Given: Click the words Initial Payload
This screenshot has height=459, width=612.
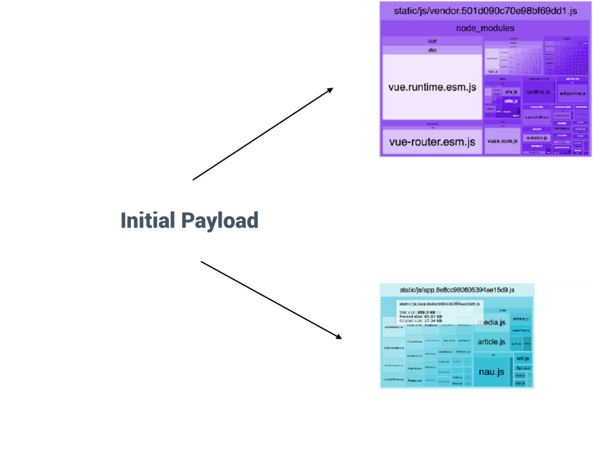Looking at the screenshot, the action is [189, 221].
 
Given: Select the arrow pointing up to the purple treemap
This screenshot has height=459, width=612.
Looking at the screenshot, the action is [262, 134].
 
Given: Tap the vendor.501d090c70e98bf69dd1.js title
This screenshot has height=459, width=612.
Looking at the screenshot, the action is [485, 11].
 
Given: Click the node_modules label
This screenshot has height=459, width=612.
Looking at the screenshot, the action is [485, 28].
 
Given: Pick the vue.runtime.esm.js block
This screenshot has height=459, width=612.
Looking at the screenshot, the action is [432, 87].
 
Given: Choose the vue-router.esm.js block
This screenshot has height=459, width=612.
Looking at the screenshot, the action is [432, 142].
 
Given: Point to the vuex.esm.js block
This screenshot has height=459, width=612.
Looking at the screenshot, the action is [502, 142].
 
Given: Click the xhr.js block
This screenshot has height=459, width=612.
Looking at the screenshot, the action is [511, 93].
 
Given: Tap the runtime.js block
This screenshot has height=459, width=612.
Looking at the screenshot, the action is [538, 93].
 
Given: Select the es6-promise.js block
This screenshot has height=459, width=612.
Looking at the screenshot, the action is [572, 94].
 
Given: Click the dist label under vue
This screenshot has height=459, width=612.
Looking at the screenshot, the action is [432, 50].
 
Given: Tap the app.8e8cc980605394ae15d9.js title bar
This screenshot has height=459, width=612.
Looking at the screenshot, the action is [457, 290].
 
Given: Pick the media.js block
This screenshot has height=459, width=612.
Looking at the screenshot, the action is [491, 323].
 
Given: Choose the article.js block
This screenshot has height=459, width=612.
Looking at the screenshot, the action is [491, 342].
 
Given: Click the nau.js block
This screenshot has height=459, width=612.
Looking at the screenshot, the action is [491, 372].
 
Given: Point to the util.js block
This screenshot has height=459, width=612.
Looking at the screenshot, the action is [523, 359].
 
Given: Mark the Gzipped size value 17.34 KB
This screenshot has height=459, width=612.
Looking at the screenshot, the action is [433, 321].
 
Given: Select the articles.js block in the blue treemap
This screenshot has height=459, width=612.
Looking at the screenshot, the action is [521, 319].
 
